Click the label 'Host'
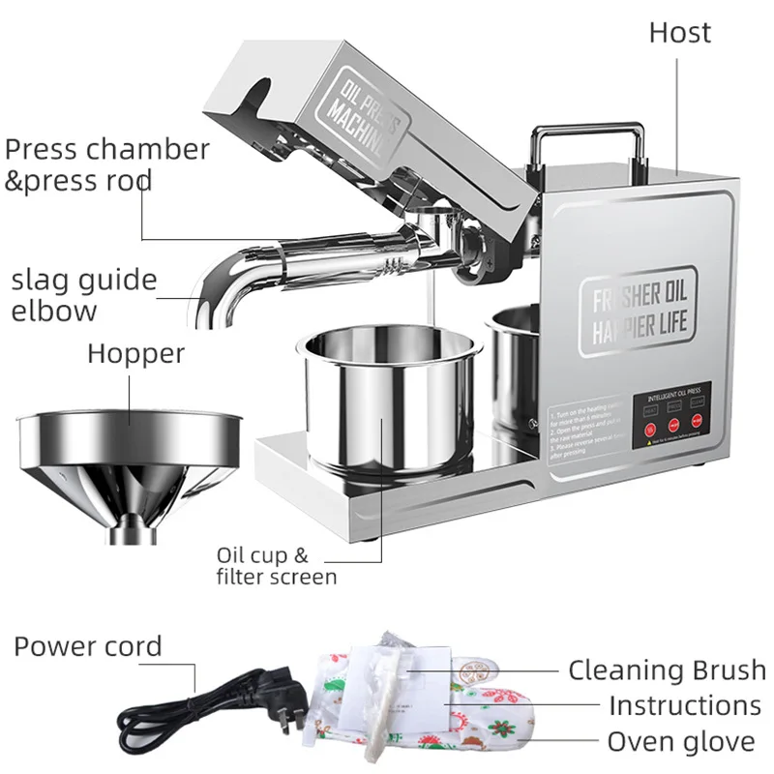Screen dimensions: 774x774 [679, 32]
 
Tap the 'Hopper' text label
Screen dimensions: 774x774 [135, 353]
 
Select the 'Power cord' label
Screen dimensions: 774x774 [87, 646]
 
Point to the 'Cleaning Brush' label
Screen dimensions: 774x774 [667, 670]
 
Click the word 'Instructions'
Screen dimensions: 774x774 [684, 705]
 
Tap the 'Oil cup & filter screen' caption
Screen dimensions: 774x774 [276, 566]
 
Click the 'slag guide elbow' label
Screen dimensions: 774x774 [83, 294]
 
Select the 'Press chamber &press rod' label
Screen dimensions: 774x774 [106, 164]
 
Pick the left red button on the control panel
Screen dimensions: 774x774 [649, 429]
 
